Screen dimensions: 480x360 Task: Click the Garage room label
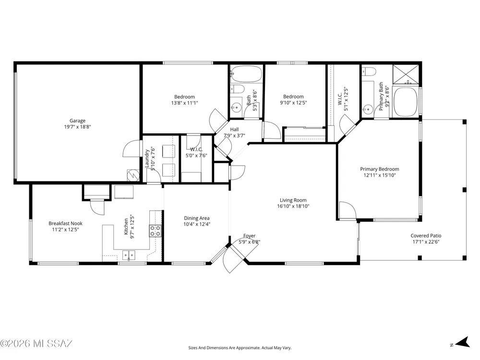77,120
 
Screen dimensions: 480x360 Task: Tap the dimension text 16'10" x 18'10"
293,206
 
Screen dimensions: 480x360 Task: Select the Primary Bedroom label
380,169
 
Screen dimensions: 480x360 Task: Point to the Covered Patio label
426,236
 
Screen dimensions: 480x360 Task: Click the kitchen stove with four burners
156,231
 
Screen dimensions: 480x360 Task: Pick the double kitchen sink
129,255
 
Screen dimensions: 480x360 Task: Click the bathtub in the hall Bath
246,74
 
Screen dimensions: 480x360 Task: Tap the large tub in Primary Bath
405,102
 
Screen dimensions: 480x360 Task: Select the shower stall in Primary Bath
406,74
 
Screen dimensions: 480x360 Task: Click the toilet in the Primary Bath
368,72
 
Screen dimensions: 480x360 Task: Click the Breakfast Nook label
65,224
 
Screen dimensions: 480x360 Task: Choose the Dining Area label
197,218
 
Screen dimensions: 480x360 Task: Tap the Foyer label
250,236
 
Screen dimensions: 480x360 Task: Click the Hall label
235,130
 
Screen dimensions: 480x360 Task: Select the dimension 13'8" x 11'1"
185,103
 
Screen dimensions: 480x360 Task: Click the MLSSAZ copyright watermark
36,344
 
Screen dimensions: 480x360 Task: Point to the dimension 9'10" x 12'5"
294,103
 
